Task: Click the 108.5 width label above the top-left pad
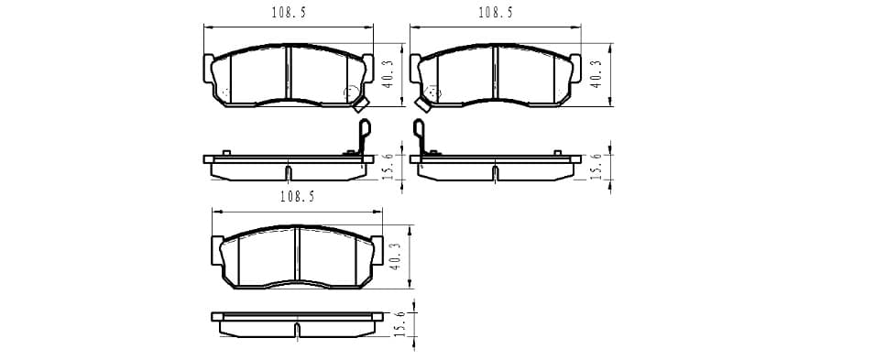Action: tap(289, 13)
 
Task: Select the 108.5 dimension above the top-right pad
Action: tap(496, 13)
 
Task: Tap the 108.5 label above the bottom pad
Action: tap(297, 197)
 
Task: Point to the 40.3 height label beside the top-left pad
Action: tap(388, 74)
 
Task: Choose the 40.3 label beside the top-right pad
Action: tap(596, 74)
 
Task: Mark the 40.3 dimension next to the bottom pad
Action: tap(396, 256)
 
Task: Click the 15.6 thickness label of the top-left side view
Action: tap(388, 167)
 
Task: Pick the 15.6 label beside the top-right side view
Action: tap(596, 167)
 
